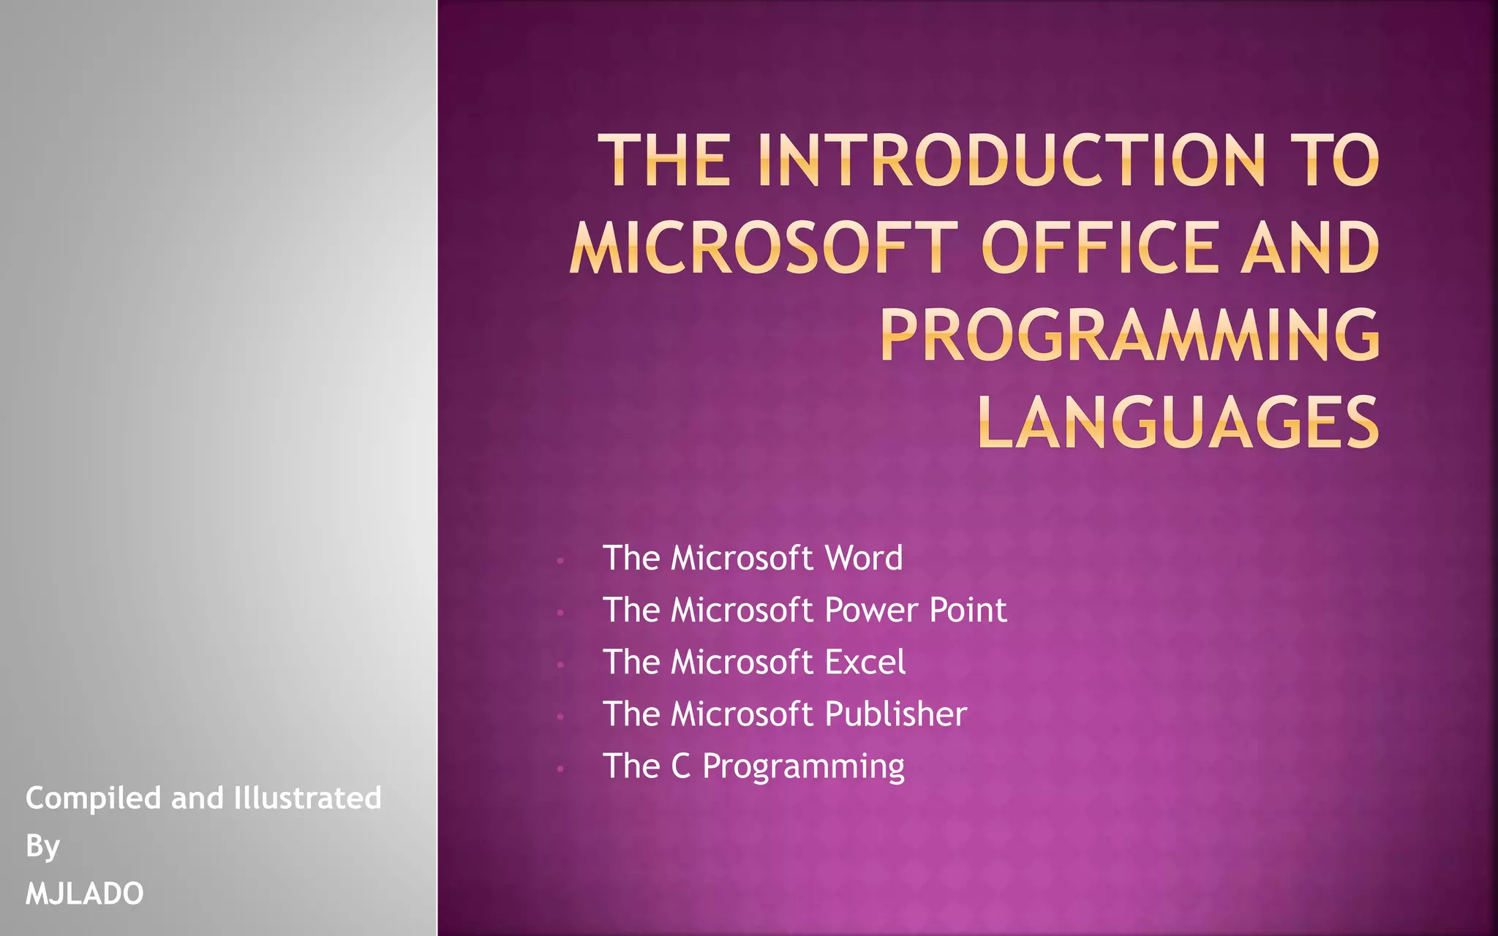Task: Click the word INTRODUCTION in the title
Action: coord(1010,160)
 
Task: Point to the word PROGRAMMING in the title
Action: coord(1130,336)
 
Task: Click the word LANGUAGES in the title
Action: coord(1178,423)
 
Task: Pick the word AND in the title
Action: coord(1310,248)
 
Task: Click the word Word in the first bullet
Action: coord(864,558)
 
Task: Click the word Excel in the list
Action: coord(865,662)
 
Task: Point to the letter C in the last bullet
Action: coord(680,766)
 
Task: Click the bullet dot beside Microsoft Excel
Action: coord(560,665)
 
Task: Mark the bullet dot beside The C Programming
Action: coord(560,769)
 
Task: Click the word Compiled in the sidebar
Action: coord(93,799)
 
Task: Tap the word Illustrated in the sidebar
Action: coord(307,798)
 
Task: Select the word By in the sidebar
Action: coord(42,847)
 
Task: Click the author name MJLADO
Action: coord(85,894)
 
